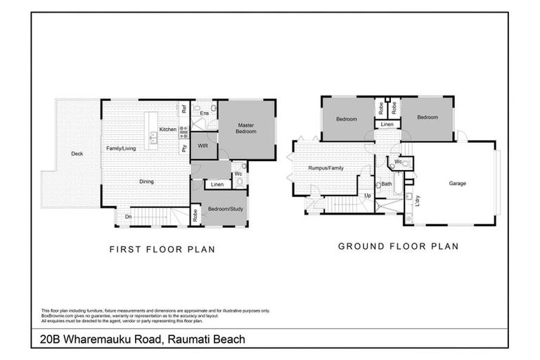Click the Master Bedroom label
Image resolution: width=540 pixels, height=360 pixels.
[x=245, y=129]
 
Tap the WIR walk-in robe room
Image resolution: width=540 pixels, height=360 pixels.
[x=202, y=146]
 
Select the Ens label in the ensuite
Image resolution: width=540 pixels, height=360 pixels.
[x=204, y=113]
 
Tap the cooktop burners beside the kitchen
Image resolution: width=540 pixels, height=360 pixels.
[x=184, y=129]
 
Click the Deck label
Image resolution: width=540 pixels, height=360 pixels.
[x=77, y=153]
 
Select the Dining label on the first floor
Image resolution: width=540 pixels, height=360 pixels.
[x=146, y=181]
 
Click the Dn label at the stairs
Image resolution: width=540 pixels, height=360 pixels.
[x=128, y=217]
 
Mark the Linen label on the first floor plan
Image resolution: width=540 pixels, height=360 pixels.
[x=217, y=185]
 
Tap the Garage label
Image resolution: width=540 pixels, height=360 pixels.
[x=458, y=184]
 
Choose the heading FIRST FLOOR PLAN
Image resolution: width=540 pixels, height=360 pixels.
[x=161, y=249]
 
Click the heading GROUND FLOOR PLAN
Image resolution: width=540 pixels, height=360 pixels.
[x=398, y=246]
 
